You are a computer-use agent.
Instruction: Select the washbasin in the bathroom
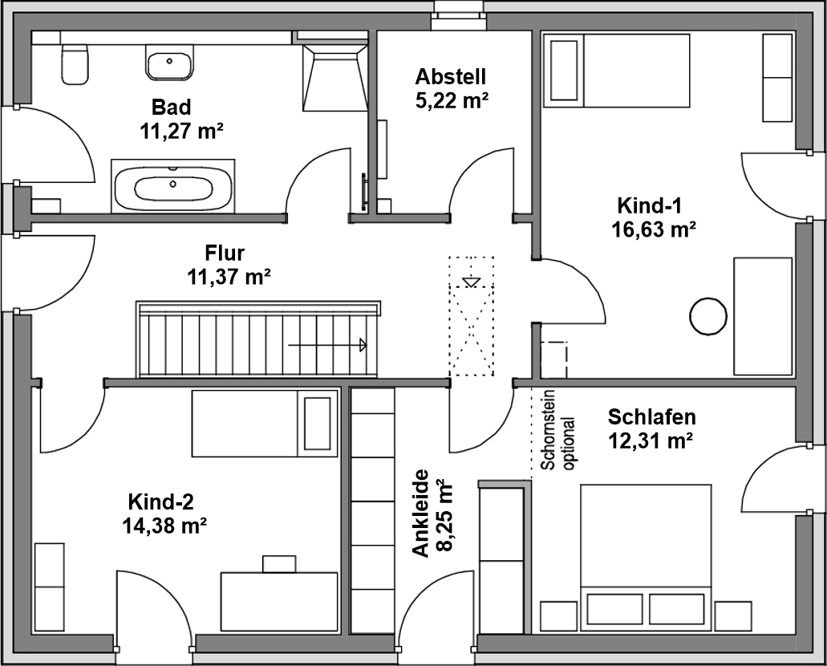(169, 63)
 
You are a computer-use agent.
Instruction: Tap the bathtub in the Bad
(173, 186)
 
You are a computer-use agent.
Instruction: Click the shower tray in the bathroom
(335, 78)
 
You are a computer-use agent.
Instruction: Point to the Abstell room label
(450, 76)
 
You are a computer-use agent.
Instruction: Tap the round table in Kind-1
(708, 316)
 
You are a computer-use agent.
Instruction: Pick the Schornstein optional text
(558, 443)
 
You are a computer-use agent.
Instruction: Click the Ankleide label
(421, 514)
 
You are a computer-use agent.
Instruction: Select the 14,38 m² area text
(164, 526)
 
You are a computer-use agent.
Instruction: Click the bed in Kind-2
(265, 423)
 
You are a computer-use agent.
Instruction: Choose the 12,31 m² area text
(651, 440)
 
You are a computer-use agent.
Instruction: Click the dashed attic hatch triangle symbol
(472, 282)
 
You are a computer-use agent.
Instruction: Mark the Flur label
(225, 254)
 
